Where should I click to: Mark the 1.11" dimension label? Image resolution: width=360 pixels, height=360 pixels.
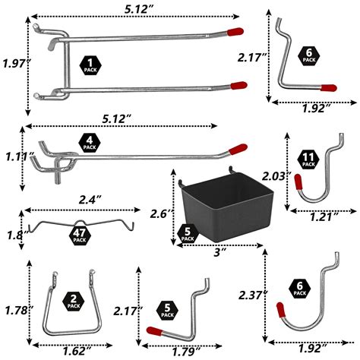14,156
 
